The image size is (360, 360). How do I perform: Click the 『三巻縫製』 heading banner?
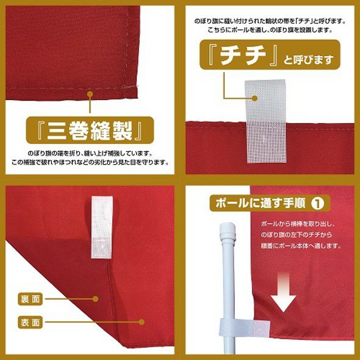point(90,130)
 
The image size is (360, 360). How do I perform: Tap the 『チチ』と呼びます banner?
point(270,55)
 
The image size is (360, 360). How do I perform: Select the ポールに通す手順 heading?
point(261,203)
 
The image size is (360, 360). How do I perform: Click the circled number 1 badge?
point(317,203)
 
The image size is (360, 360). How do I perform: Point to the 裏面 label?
point(31,299)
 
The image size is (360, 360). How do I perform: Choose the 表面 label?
point(31,322)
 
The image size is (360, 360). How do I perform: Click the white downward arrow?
point(283,292)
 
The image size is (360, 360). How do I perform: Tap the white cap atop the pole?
point(228,231)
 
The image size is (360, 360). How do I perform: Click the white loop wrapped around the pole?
point(245,328)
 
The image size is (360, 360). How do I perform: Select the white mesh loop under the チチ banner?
point(266,121)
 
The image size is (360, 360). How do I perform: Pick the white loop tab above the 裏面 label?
point(102,227)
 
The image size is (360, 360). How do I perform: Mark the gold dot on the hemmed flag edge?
point(90,94)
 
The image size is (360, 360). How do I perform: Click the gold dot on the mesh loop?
point(254,98)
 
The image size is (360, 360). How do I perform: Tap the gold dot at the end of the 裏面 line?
point(95,299)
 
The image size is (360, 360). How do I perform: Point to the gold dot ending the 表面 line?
point(142,322)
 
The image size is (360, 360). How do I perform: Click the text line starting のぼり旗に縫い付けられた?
point(270,21)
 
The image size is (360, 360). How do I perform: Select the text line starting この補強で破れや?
point(90,162)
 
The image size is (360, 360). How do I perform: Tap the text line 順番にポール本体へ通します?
point(301,246)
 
